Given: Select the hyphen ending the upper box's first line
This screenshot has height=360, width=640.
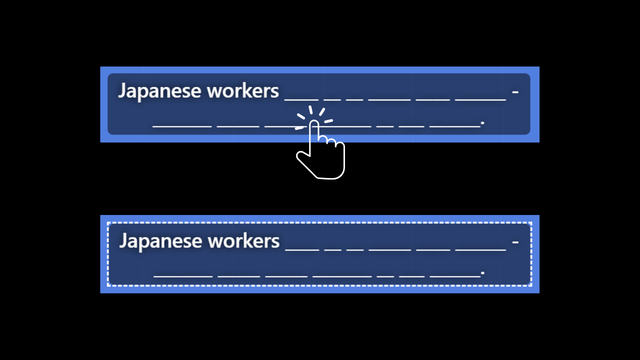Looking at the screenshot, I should coord(515,91).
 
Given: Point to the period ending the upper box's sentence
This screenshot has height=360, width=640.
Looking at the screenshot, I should coord(482,122).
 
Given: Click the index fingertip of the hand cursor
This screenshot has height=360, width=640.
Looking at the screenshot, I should coord(314,123).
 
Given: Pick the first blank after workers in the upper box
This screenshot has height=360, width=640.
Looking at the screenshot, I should coord(301,99).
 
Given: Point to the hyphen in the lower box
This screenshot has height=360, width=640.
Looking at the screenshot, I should coord(515,241).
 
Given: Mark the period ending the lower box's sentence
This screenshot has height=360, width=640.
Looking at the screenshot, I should coord(482,272).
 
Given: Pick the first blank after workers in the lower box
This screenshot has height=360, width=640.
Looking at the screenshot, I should coord(302,249).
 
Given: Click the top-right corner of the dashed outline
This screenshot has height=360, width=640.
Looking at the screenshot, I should coord(531,223).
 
